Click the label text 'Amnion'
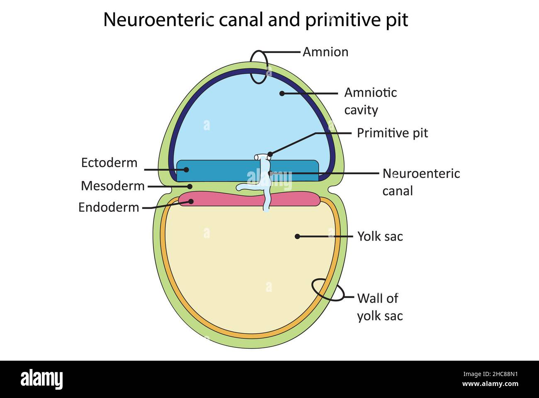pos(325,52)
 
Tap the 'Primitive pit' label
pos(392,133)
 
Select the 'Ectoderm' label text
pos(109,163)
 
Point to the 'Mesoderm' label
pos(112,186)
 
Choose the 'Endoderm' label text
pos(109,207)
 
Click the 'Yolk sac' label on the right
pos(380,236)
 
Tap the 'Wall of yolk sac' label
pos(379,307)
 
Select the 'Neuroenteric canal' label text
pos(420,182)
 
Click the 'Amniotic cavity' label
pos(370,101)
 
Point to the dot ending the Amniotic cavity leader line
pos(282,93)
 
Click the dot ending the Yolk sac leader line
pos(297,236)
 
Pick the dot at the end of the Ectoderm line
pos(186,170)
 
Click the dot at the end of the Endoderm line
pos(191,201)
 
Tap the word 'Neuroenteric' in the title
pos(158,19)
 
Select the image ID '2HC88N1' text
pos(494,374)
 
